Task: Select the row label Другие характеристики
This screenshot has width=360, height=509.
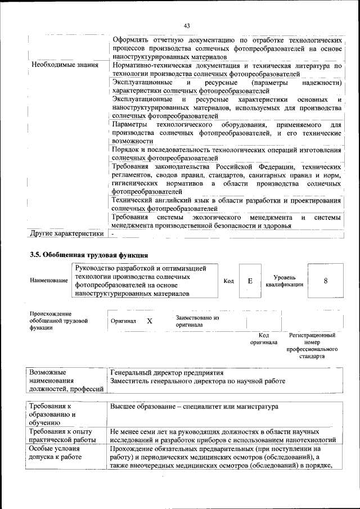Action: (67, 233)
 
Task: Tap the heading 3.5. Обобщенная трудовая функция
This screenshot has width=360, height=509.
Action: (89, 255)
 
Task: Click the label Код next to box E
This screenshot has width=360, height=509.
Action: (228, 281)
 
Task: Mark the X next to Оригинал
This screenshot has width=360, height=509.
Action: (150, 321)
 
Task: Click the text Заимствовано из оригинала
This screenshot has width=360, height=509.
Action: (196, 321)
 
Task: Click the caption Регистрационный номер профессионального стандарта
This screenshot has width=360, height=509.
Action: (312, 345)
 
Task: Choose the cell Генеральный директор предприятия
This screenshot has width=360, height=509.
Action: (167, 373)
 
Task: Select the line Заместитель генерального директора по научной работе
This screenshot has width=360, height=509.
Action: (198, 381)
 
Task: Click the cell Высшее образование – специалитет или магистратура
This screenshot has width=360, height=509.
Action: (194, 406)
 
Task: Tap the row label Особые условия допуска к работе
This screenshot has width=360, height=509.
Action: (56, 453)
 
